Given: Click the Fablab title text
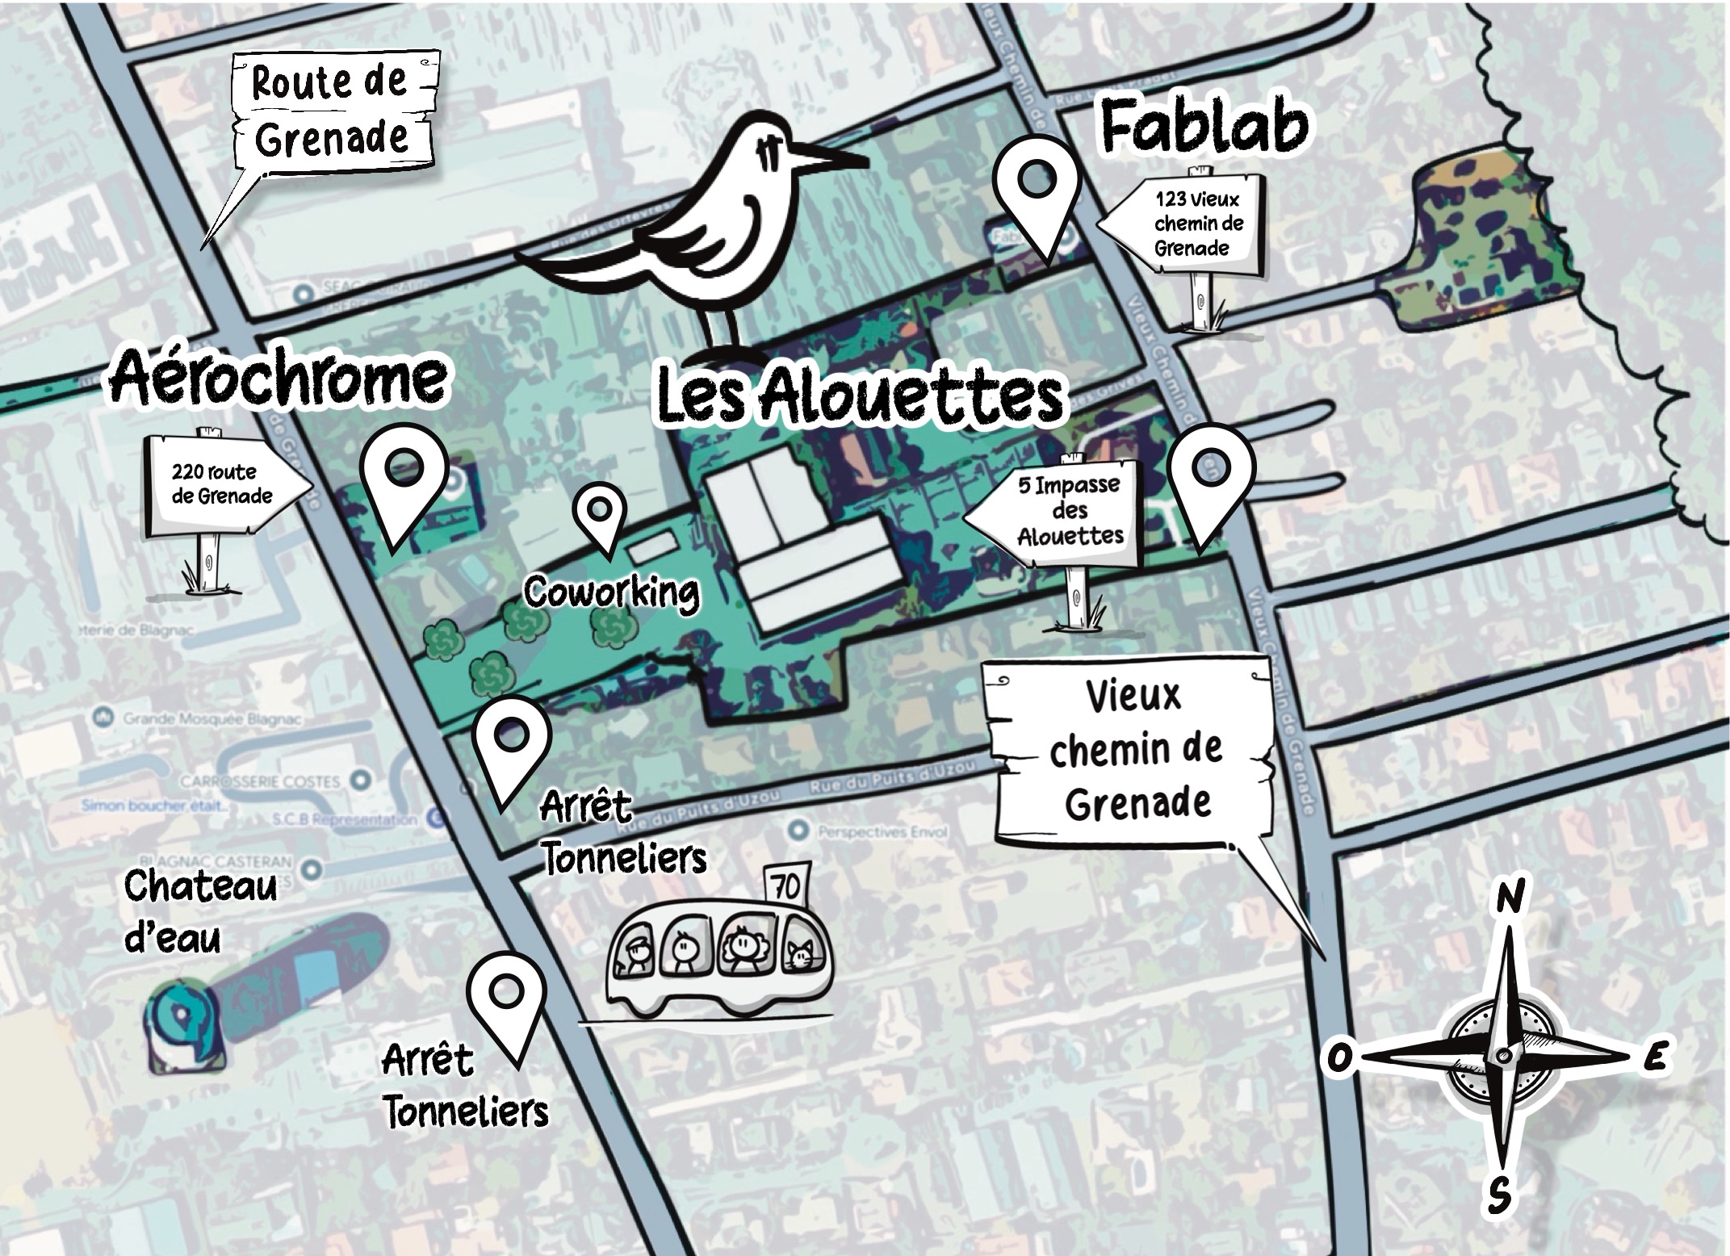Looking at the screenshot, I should [1204, 129].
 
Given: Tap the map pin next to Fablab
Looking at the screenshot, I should [1036, 190].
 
